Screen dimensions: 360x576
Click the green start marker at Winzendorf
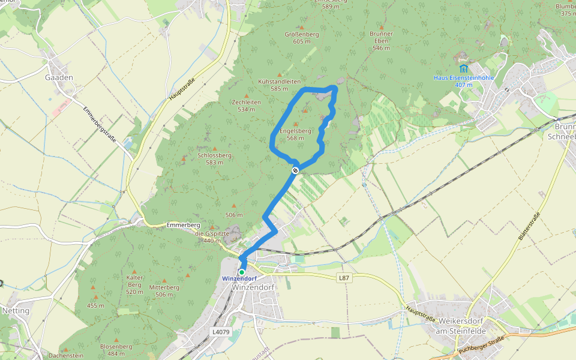tap(242, 272)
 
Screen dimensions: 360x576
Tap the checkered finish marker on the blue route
tap(295, 171)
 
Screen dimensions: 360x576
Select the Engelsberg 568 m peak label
tap(295, 134)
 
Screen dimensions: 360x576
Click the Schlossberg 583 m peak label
tap(214, 158)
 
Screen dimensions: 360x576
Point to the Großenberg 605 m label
tap(301, 38)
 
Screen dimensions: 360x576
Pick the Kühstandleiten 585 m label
tap(278, 85)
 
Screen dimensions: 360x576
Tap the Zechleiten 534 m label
tap(246, 106)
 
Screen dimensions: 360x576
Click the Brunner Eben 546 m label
tap(382, 41)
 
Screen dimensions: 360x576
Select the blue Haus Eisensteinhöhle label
tap(463, 81)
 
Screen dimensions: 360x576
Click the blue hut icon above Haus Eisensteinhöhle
tap(463, 68)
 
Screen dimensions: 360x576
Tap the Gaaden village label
tap(59, 77)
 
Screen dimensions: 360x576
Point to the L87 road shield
tap(343, 278)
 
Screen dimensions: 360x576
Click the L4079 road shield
tap(221, 331)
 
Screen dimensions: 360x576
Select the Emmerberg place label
tap(183, 225)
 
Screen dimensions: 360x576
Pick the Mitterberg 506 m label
tap(164, 290)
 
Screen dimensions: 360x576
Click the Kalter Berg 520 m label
tap(134, 285)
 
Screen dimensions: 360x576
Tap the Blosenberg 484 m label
tap(116, 350)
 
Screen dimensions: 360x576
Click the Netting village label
tap(16, 311)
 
